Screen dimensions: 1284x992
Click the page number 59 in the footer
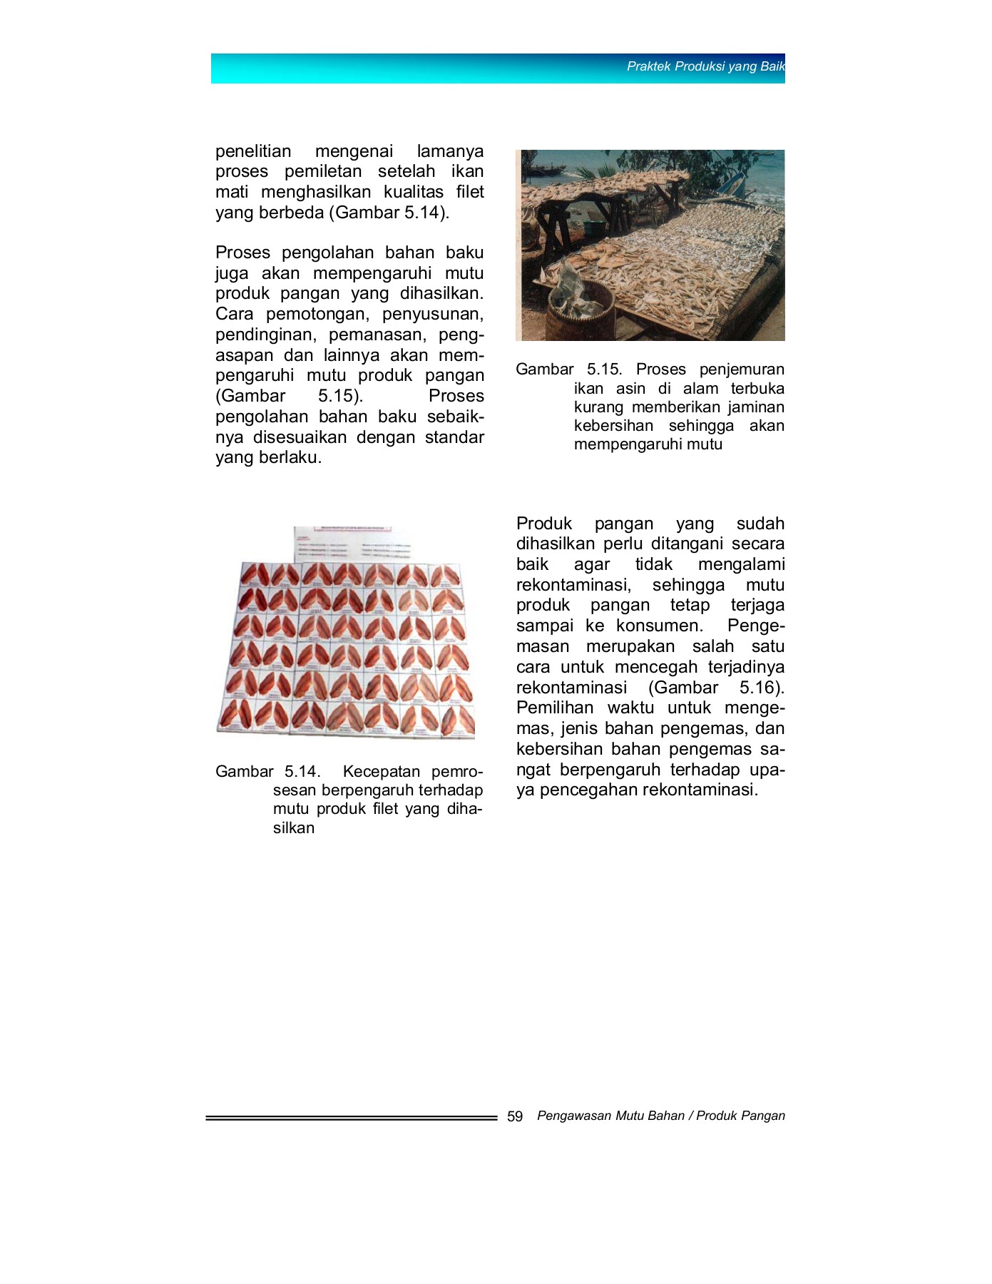[515, 1116]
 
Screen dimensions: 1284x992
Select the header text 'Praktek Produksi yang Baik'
[705, 66]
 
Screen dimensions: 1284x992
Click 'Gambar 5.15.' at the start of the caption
[568, 370]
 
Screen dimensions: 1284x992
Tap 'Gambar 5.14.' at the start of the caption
[267, 772]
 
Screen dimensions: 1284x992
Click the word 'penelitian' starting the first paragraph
[253, 151]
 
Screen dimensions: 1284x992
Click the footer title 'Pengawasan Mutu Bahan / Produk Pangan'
[660, 1116]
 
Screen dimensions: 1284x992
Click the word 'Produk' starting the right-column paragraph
[543, 524]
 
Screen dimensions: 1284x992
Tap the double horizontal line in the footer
[351, 1118]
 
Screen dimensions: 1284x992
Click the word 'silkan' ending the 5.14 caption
[293, 828]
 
